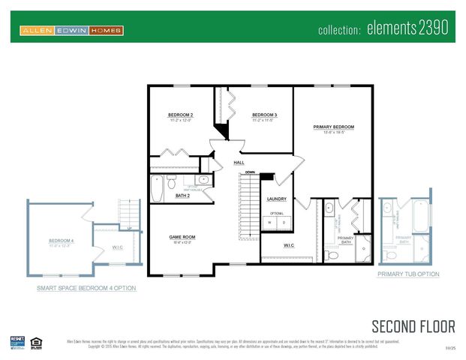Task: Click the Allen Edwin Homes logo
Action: [x=71, y=30]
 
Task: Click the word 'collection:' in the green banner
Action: [x=340, y=31]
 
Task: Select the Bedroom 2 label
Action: [x=182, y=115]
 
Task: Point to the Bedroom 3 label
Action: [x=265, y=115]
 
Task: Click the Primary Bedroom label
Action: [x=333, y=127]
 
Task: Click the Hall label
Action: [x=239, y=162]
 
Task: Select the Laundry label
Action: [x=277, y=199]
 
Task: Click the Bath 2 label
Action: [x=182, y=196]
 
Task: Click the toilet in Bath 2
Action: [x=172, y=182]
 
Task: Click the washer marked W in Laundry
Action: [x=272, y=222]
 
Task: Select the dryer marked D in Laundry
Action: [x=283, y=222]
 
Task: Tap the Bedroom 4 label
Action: [x=61, y=241]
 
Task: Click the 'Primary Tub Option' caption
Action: [x=407, y=274]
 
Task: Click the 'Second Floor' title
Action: [x=413, y=325]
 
